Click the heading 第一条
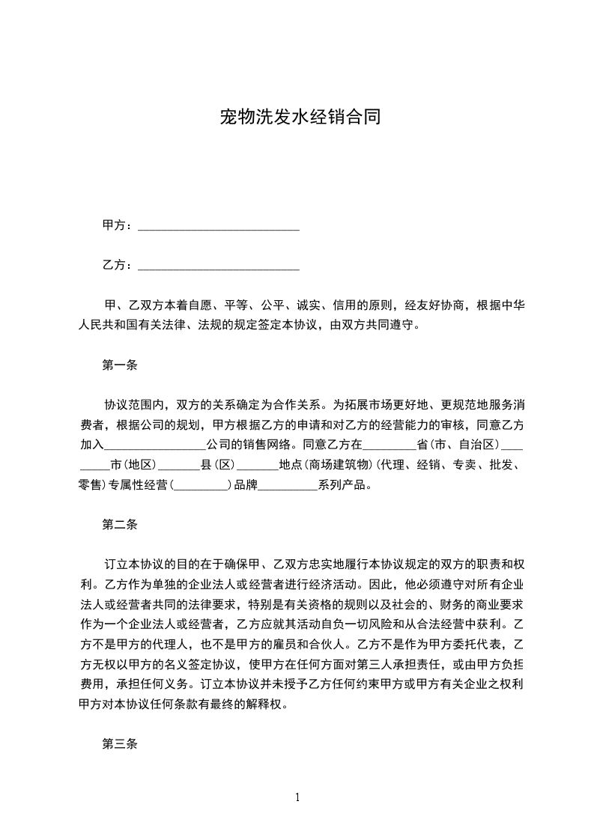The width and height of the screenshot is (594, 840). [x=119, y=365]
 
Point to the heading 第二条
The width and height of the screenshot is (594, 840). [x=119, y=525]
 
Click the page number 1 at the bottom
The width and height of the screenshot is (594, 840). [x=297, y=797]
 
